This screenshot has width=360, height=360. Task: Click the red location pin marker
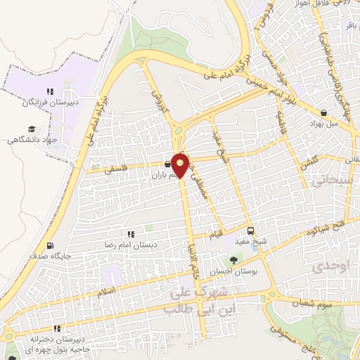tap(181, 165)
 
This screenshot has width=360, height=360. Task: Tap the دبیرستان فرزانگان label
tap(51, 103)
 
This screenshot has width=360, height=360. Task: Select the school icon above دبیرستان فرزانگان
tap(49, 91)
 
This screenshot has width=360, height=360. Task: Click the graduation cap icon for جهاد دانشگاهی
tap(32, 129)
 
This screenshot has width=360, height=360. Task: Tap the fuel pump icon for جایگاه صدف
tap(49, 246)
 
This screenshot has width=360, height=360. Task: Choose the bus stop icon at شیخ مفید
tap(252, 230)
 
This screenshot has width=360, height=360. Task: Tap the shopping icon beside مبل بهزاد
tap(323, 112)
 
